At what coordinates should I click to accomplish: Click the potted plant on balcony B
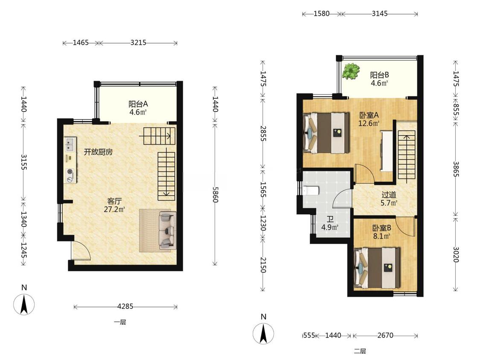(x=351, y=71)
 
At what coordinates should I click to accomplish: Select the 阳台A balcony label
(x=138, y=104)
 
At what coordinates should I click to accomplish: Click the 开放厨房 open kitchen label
(x=98, y=152)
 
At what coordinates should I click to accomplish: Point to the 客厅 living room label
(x=114, y=201)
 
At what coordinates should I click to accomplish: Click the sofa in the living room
(x=167, y=230)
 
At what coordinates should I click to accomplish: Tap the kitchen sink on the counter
(x=70, y=145)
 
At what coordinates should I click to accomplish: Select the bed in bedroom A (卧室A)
(x=326, y=133)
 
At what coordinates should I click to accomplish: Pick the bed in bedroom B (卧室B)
(x=377, y=268)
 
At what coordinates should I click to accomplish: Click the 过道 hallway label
(x=389, y=195)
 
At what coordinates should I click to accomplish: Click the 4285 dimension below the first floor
(x=125, y=306)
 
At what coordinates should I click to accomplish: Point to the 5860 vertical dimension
(x=215, y=195)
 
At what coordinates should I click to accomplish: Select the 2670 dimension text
(x=385, y=335)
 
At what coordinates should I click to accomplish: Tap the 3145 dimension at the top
(x=380, y=14)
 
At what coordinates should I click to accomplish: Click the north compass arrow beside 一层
(x=24, y=304)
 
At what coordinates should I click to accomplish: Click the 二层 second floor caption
(x=360, y=351)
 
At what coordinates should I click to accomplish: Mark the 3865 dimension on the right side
(x=456, y=168)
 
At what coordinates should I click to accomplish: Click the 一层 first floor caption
(x=120, y=322)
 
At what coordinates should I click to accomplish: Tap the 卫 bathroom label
(x=330, y=219)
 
